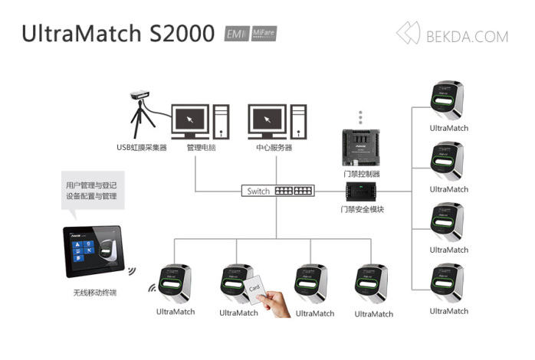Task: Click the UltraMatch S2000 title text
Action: point(118,34)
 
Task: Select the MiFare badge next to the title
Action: point(264,34)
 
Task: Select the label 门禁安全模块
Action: point(362,209)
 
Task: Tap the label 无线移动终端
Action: point(94,293)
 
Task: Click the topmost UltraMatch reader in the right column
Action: point(448,100)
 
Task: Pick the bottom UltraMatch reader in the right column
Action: point(448,283)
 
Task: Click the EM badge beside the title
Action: point(235,34)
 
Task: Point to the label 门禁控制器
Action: point(362,174)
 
